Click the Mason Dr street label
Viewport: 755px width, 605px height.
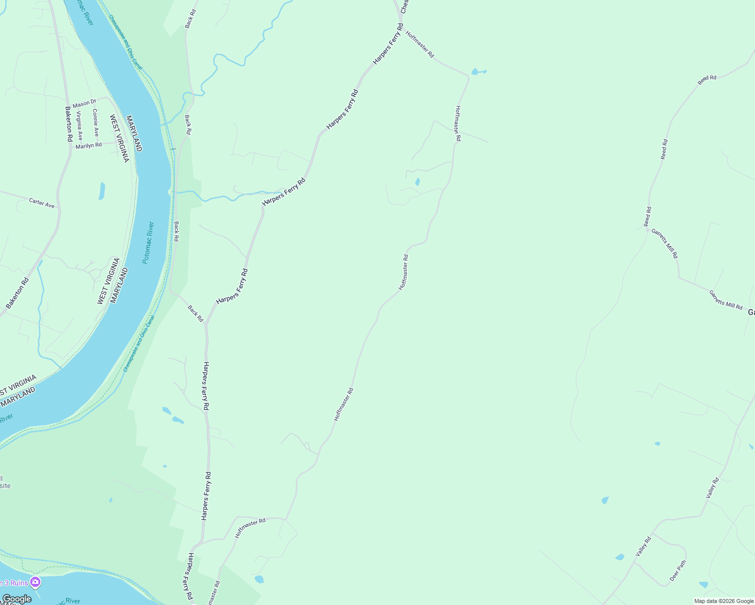[x=84, y=103]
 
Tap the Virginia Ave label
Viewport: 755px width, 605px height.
[x=79, y=126]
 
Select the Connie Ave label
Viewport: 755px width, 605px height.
[x=95, y=123]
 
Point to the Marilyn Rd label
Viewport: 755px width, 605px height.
[x=88, y=145]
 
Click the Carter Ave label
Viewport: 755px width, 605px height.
[x=41, y=203]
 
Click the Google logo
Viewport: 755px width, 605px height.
[x=16, y=599]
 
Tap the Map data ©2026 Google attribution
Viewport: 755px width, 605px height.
[x=724, y=601]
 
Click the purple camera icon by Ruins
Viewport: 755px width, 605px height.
[x=35, y=582]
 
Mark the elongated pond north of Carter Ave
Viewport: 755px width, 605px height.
[x=102, y=191]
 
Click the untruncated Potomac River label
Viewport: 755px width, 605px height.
[x=148, y=243]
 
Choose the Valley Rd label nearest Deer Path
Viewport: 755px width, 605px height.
[x=643, y=547]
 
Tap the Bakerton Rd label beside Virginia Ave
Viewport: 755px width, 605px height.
[x=69, y=124]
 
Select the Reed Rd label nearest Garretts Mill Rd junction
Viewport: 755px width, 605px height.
[x=648, y=216]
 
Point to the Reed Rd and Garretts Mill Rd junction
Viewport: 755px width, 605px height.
[x=648, y=228]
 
